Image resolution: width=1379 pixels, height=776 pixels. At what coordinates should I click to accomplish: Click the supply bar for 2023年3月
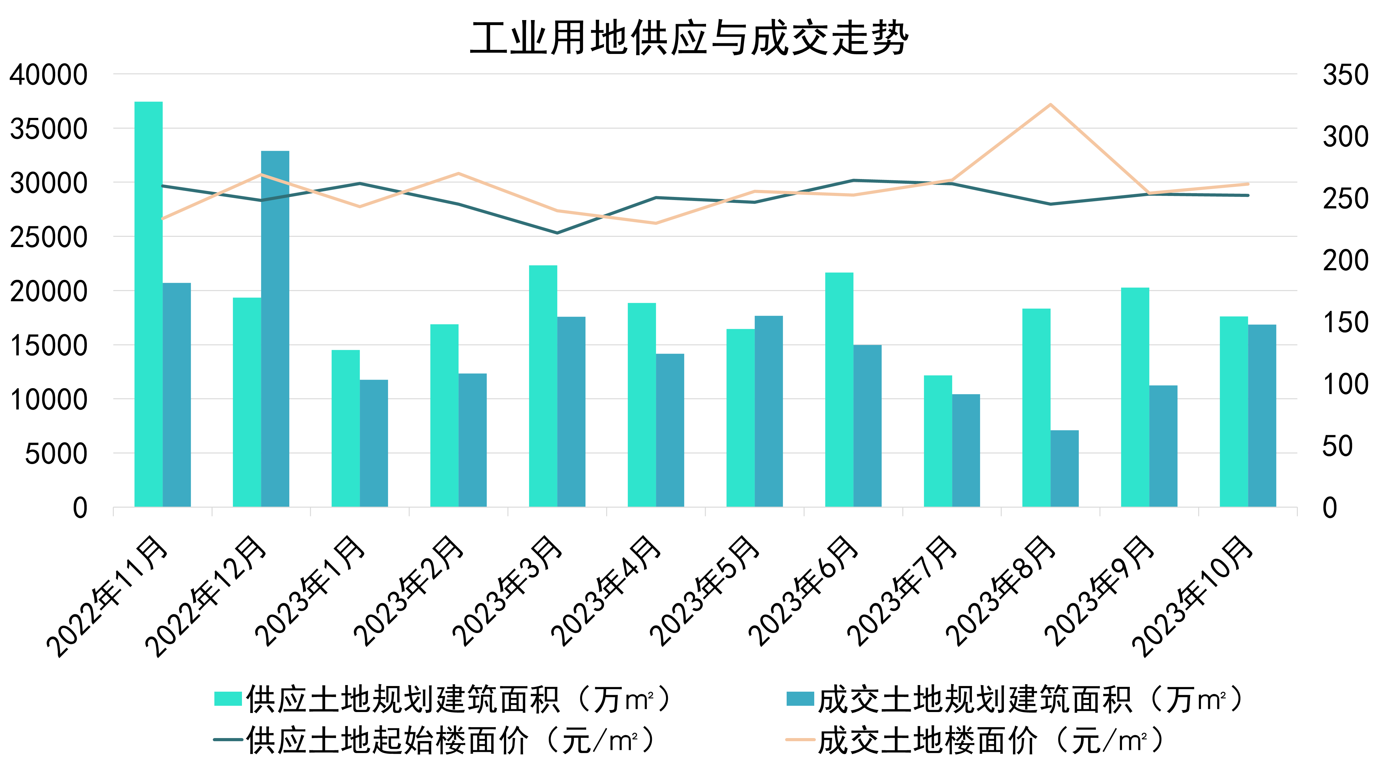point(543,386)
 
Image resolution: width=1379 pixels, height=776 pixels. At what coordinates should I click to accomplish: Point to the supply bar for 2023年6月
point(839,389)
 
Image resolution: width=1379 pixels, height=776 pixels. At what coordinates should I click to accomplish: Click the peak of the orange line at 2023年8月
point(1050,104)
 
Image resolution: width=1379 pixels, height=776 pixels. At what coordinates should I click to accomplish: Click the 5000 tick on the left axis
point(56,454)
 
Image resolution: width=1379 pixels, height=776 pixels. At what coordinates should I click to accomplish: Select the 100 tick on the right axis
point(1345,384)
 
